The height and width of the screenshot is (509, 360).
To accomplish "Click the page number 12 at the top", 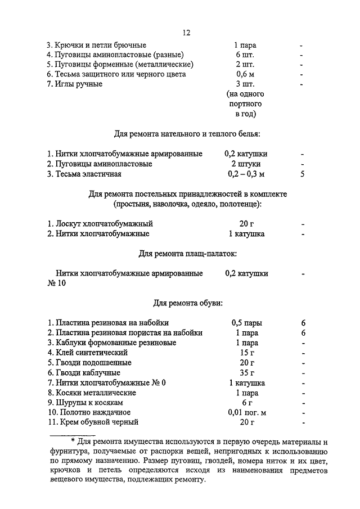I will click(186, 33).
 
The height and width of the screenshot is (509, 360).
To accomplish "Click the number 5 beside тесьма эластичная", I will click(303, 174).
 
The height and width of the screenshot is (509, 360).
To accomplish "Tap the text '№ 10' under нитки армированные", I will click(56, 283).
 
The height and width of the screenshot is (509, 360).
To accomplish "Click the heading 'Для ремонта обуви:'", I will click(188, 303).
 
